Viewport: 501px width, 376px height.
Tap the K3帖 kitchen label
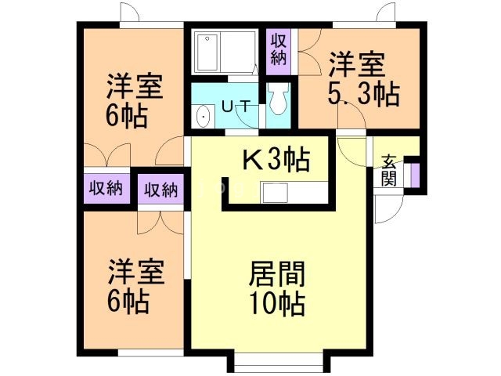pos(277,160)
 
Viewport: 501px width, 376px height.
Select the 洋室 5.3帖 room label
pos(362,78)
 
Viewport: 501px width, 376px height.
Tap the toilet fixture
pos(278,99)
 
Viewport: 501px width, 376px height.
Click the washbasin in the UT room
pos(204,115)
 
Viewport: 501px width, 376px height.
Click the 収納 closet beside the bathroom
pos(279,49)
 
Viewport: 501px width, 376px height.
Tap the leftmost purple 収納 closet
pos(105,187)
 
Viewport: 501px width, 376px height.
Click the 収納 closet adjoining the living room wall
pos(160,190)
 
